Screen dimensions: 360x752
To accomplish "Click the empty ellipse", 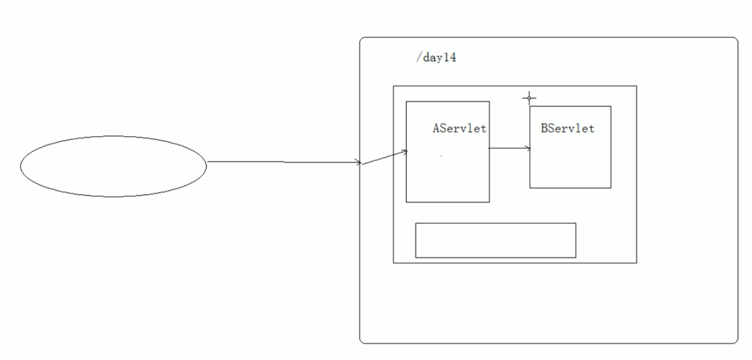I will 113,166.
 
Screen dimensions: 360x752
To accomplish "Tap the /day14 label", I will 436,58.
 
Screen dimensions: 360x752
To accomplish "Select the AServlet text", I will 460,128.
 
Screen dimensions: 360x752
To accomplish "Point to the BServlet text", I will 567,128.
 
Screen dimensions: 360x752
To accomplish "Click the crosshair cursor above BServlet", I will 529,98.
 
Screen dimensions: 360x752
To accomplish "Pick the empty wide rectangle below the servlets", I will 495,240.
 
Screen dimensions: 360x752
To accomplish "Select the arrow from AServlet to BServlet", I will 509,148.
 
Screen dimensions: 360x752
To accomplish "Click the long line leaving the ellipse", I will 284,162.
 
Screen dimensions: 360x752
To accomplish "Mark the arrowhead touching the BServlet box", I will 529,148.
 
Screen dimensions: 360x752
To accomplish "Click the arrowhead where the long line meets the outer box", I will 359,162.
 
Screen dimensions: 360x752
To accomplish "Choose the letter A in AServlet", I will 436,128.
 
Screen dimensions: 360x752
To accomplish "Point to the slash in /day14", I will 418,58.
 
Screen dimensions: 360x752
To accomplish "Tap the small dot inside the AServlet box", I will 442,156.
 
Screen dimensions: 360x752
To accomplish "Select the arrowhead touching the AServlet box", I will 406,152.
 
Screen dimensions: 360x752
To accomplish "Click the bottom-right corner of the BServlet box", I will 611,187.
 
